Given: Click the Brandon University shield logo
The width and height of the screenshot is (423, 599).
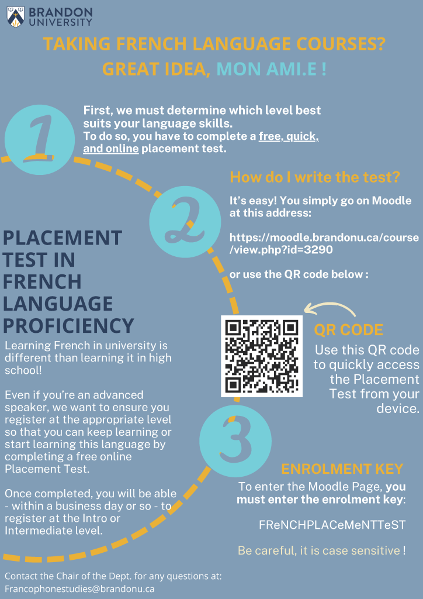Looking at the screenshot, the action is point(16,17).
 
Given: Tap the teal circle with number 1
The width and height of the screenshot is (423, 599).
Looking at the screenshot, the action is point(40,140).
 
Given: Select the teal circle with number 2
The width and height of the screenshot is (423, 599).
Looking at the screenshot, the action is point(185,222).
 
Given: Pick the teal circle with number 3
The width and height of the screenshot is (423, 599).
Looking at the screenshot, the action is point(235,441).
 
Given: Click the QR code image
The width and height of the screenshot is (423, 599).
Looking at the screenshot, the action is point(262,356).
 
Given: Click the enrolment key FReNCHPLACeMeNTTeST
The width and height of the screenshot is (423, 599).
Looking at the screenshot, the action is point(332,525).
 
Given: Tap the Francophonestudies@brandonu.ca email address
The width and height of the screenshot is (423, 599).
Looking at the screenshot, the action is point(79,588).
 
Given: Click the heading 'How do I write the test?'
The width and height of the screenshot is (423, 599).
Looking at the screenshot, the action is point(315,177).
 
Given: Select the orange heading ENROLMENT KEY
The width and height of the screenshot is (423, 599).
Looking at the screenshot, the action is point(342,469).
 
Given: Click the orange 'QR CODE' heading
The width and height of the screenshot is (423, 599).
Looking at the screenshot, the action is point(349,330).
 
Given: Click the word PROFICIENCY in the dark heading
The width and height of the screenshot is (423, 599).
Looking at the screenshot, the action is point(68,326).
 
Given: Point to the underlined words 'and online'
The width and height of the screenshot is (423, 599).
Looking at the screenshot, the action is point(110,149).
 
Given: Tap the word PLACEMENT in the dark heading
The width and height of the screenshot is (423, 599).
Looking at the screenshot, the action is point(63,237).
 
